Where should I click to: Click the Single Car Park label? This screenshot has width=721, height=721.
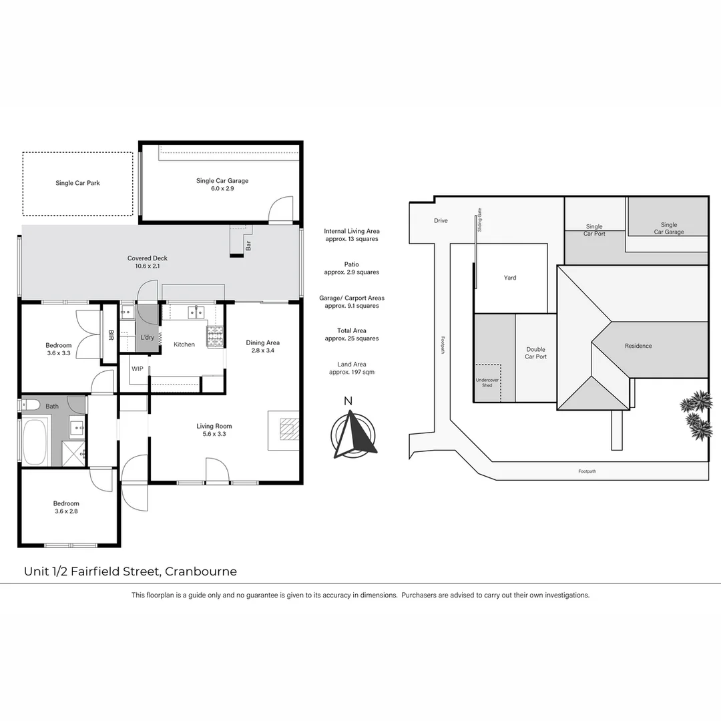77,183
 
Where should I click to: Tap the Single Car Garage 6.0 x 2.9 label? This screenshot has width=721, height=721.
222,184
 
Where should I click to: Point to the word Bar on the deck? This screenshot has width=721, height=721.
248,246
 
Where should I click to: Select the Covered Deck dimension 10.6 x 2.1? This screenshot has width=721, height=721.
147,266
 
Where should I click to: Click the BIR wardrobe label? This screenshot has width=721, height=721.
111,334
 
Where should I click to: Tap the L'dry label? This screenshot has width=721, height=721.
147,338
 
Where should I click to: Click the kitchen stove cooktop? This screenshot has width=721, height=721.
214,336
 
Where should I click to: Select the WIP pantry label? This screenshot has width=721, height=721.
137,369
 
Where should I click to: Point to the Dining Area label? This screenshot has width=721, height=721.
262,342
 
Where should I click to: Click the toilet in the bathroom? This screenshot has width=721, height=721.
31,405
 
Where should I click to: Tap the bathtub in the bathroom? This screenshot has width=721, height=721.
35,441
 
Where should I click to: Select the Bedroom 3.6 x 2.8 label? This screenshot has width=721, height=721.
66,507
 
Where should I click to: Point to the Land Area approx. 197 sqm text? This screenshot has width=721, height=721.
352,369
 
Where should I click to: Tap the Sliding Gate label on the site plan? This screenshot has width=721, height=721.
479,220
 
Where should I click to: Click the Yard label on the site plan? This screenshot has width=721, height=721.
510,278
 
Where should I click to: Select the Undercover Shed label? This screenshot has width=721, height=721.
487,383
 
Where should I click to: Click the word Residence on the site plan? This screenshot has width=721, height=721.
638,346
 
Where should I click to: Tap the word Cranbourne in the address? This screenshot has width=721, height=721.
201,571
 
